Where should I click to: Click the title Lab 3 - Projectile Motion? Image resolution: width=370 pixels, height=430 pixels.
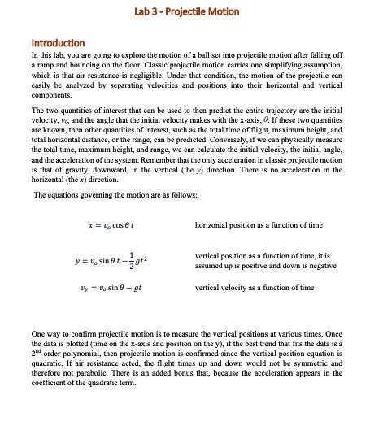(185, 10)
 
